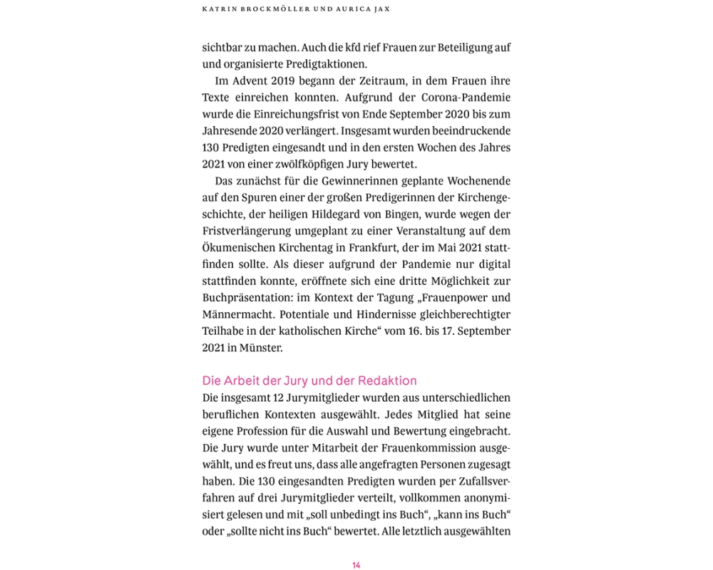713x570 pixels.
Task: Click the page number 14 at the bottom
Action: pyautogui.click(x=356, y=565)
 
